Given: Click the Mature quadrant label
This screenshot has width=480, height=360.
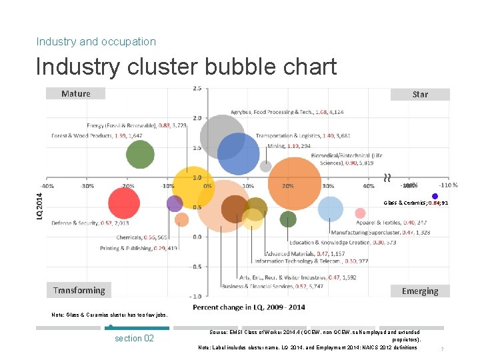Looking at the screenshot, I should (x=75, y=93).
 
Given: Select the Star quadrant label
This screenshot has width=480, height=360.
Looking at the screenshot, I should (x=420, y=94).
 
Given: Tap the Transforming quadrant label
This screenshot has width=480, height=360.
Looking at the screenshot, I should (x=79, y=290).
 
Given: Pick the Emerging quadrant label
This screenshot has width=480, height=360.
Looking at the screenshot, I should (x=420, y=291).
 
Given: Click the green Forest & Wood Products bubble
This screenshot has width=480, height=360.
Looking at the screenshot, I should (x=140, y=156).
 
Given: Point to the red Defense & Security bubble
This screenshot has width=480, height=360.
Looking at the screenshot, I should (x=123, y=204).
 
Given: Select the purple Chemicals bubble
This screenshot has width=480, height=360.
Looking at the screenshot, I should (x=175, y=203).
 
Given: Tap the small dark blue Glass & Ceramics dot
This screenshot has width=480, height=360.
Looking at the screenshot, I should (x=435, y=196).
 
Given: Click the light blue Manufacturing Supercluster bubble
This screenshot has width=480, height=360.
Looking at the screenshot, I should (x=329, y=209).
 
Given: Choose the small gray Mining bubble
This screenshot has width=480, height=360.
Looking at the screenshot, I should (x=265, y=166).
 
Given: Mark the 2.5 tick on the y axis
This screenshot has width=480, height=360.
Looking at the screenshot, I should (x=197, y=88).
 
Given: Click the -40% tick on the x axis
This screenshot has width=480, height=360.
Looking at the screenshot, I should (x=48, y=185).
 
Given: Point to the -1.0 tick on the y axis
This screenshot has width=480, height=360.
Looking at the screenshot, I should (x=197, y=295).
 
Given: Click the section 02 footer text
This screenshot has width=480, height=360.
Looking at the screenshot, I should (x=134, y=338).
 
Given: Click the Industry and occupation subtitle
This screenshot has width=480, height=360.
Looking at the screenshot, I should (x=96, y=41).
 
